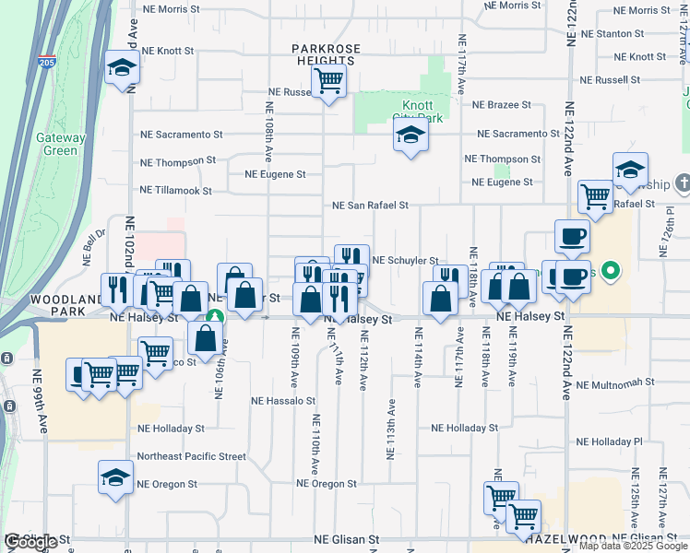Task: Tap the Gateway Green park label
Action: (61, 144)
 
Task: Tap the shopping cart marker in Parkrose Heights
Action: (328, 80)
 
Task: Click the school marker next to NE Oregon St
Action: (115, 477)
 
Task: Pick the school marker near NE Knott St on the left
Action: (121, 68)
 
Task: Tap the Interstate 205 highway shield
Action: (48, 63)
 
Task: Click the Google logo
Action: (31, 542)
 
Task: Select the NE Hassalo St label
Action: (284, 401)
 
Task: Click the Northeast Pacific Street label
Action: (191, 456)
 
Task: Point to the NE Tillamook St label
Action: (175, 191)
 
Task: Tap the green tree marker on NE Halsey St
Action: (214, 317)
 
